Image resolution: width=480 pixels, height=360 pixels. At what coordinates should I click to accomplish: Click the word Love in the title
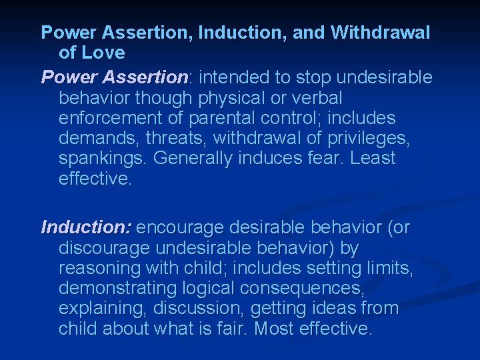[105, 52]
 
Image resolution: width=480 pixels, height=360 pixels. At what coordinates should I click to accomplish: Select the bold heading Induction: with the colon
[86, 228]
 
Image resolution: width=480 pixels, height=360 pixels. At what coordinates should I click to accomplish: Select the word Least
[373, 159]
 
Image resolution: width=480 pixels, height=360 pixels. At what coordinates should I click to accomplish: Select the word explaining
[103, 309]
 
